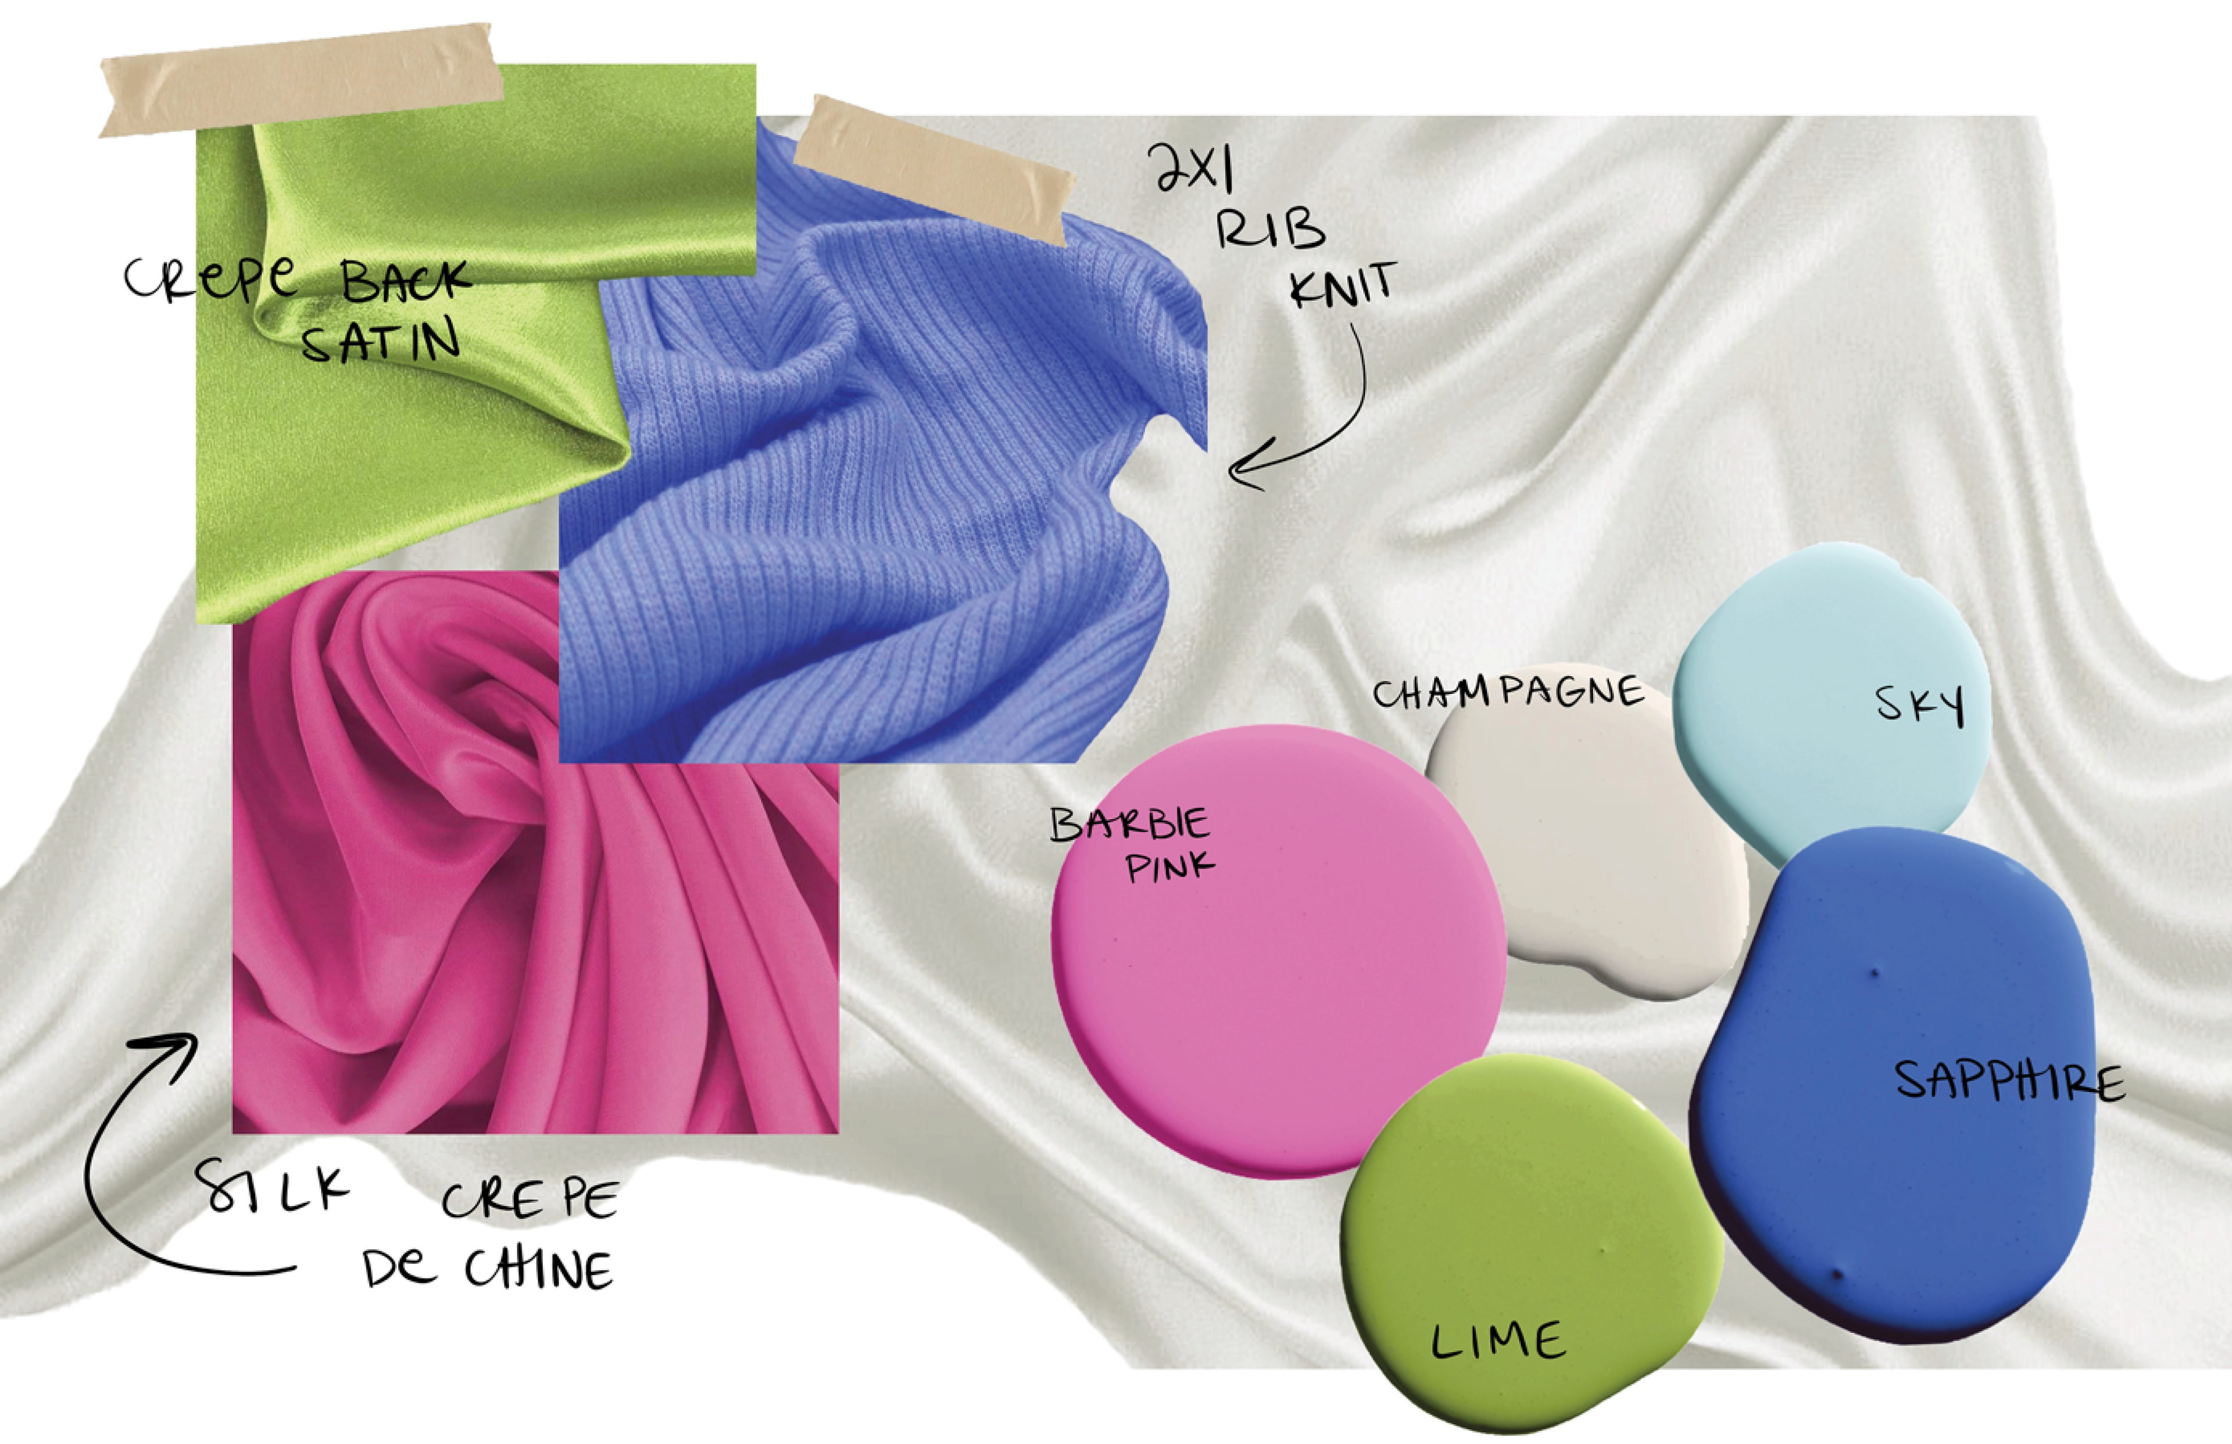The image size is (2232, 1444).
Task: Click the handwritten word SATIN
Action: (380, 342)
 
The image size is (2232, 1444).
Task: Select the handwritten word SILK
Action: (272, 1186)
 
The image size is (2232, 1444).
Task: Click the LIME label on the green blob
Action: (1498, 1341)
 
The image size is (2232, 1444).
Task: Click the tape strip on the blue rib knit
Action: (933, 169)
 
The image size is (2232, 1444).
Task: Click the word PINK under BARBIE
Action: (1169, 868)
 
